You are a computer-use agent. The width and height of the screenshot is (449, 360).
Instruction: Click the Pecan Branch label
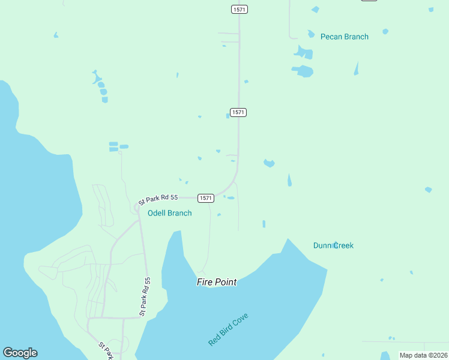click(344, 37)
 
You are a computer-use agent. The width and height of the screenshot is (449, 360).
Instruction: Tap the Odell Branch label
click(170, 213)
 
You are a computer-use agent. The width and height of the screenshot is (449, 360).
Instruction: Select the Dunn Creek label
click(333, 245)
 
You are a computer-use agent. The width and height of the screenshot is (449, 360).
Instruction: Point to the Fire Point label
click(217, 281)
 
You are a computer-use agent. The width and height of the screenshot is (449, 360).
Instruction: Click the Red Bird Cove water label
click(228, 329)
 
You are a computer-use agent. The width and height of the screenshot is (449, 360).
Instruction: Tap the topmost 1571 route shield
click(239, 9)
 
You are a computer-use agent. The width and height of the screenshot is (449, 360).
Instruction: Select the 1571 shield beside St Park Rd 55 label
click(205, 198)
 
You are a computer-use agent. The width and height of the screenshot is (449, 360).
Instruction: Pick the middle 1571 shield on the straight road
click(238, 112)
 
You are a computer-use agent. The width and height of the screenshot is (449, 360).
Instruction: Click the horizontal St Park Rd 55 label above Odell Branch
click(158, 199)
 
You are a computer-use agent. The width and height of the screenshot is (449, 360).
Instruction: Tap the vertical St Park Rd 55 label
click(145, 296)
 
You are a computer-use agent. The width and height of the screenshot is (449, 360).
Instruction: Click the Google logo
click(20, 353)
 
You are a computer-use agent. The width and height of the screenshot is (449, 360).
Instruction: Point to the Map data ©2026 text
click(423, 355)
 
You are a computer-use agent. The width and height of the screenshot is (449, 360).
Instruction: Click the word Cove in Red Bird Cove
click(241, 319)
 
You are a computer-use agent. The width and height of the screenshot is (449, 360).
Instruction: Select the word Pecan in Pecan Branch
click(331, 37)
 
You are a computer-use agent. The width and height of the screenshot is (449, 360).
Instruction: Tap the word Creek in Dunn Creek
click(343, 245)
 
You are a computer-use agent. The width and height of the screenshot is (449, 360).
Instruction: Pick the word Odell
click(157, 213)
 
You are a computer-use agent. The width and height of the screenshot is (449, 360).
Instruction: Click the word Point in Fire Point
click(225, 281)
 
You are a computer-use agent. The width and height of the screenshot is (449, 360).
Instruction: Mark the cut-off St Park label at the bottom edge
click(106, 351)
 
